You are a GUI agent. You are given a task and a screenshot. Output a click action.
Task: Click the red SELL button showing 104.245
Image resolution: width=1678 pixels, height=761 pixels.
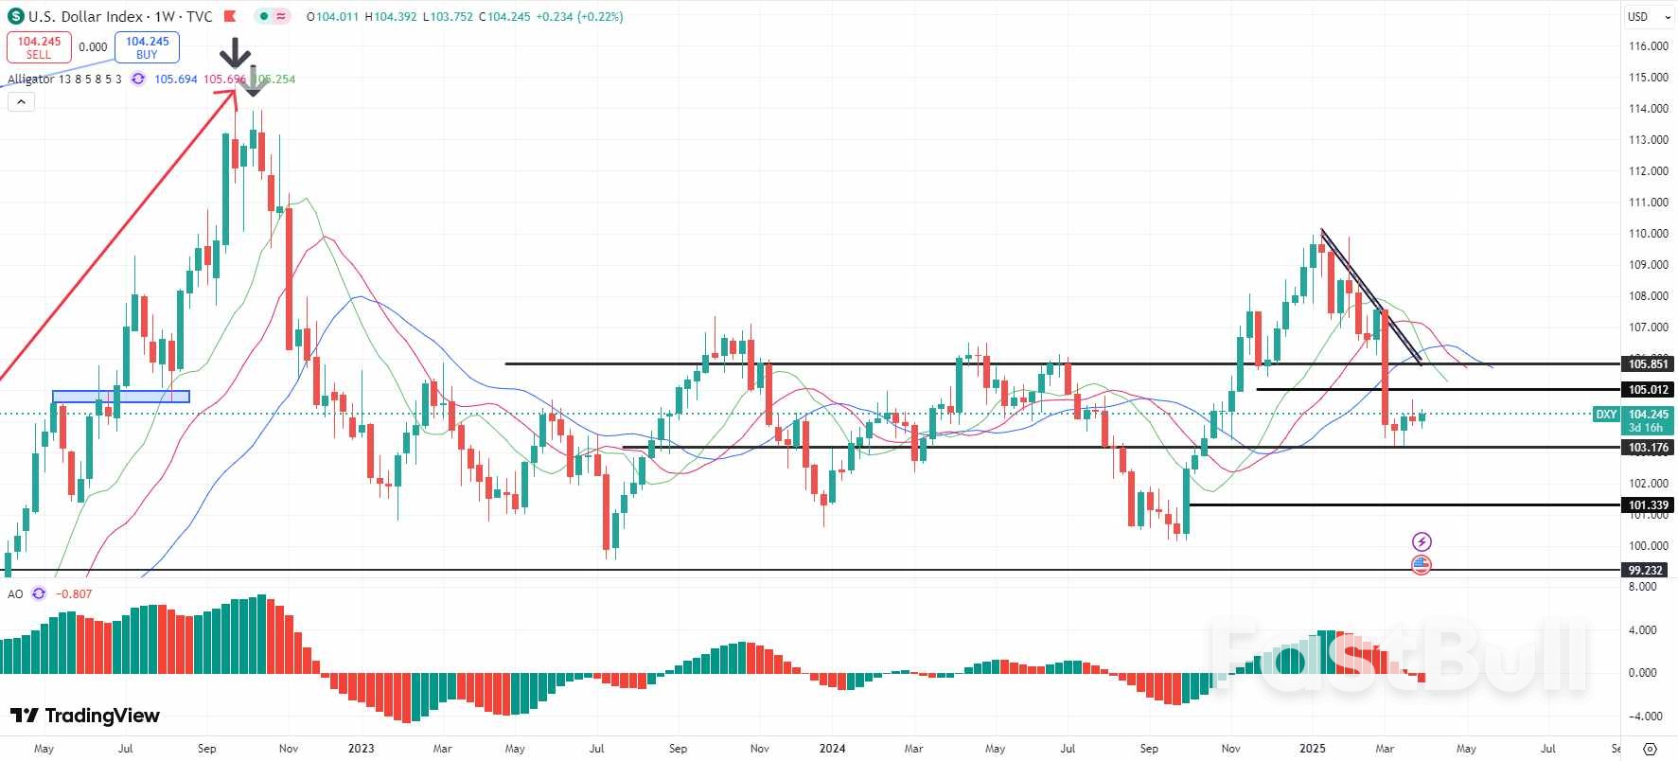pyautogui.click(x=39, y=47)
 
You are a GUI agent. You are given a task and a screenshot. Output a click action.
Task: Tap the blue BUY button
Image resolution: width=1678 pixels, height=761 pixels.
pyautogui.click(x=147, y=47)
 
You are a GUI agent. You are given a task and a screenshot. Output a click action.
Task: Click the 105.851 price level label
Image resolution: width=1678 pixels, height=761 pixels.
pyautogui.click(x=1648, y=364)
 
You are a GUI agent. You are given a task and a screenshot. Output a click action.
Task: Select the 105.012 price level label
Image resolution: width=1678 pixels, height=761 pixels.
pyautogui.click(x=1648, y=390)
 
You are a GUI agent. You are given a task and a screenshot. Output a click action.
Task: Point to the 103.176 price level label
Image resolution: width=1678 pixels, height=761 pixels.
pyautogui.click(x=1648, y=448)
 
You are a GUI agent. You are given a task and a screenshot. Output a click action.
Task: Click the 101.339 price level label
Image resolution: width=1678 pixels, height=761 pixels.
pyautogui.click(x=1648, y=505)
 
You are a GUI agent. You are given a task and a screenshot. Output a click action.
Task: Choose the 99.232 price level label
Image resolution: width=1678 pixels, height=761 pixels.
pyautogui.click(x=1645, y=570)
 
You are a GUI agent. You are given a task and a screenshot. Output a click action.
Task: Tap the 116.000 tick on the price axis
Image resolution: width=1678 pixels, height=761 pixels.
pyautogui.click(x=1648, y=46)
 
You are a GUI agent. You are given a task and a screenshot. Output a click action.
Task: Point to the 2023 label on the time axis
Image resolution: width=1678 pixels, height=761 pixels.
pyautogui.click(x=361, y=749)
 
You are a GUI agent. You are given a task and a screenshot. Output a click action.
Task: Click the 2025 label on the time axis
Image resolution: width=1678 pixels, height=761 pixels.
pyautogui.click(x=1312, y=749)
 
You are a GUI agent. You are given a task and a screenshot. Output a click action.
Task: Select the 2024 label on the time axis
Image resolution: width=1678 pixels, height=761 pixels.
pyautogui.click(x=832, y=749)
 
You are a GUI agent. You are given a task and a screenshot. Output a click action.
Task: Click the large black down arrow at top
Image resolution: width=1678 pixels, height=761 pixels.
pyautogui.click(x=235, y=53)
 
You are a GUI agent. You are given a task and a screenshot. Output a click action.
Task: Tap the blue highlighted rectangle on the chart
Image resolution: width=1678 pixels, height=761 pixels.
pyautogui.click(x=121, y=397)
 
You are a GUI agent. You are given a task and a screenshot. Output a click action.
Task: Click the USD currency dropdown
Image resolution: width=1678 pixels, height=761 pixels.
pyautogui.click(x=1645, y=16)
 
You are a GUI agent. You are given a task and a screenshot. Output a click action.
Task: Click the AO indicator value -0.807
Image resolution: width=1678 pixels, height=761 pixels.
pyautogui.click(x=74, y=594)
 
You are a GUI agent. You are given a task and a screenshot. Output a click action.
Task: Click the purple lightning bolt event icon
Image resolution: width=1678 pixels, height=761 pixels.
pyautogui.click(x=1422, y=541)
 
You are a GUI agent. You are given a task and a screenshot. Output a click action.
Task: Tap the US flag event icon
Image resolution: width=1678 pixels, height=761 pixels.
pyautogui.click(x=1422, y=565)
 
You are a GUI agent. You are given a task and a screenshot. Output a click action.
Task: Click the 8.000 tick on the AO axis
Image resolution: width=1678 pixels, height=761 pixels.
pyautogui.click(x=1642, y=587)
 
